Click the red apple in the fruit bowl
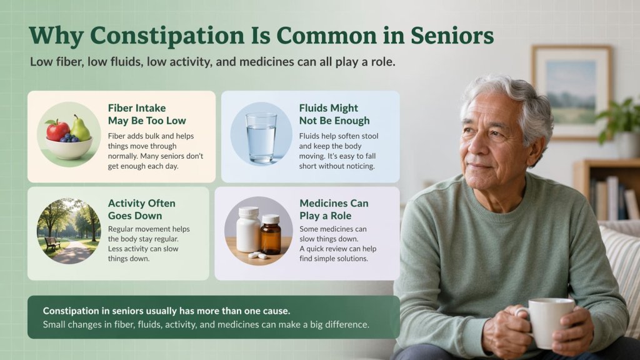tap(58, 130)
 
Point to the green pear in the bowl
tap(80, 127)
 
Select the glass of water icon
tap(261, 137)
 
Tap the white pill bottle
tap(248, 230)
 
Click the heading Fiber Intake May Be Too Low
tap(147, 114)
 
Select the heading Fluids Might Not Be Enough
tap(334, 114)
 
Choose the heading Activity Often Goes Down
tap(142, 209)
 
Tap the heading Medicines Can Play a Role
tap(334, 209)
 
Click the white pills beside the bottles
tap(257, 255)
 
